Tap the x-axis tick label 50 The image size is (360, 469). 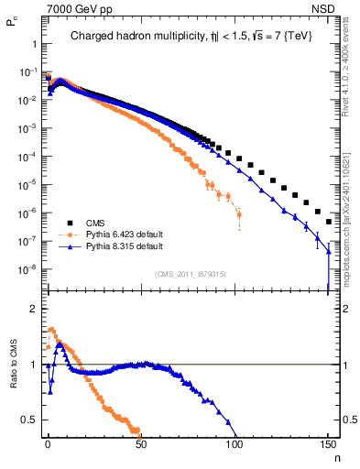tap(141, 444)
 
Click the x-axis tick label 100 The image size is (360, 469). tap(235, 444)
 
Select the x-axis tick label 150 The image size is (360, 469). tap(328, 444)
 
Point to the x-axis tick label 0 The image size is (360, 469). tap(48, 444)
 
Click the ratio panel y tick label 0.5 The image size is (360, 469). tap(27, 420)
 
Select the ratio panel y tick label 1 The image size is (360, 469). tap(30, 365)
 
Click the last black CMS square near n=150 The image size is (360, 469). tap(328, 222)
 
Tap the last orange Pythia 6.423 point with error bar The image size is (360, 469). tap(239, 216)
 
